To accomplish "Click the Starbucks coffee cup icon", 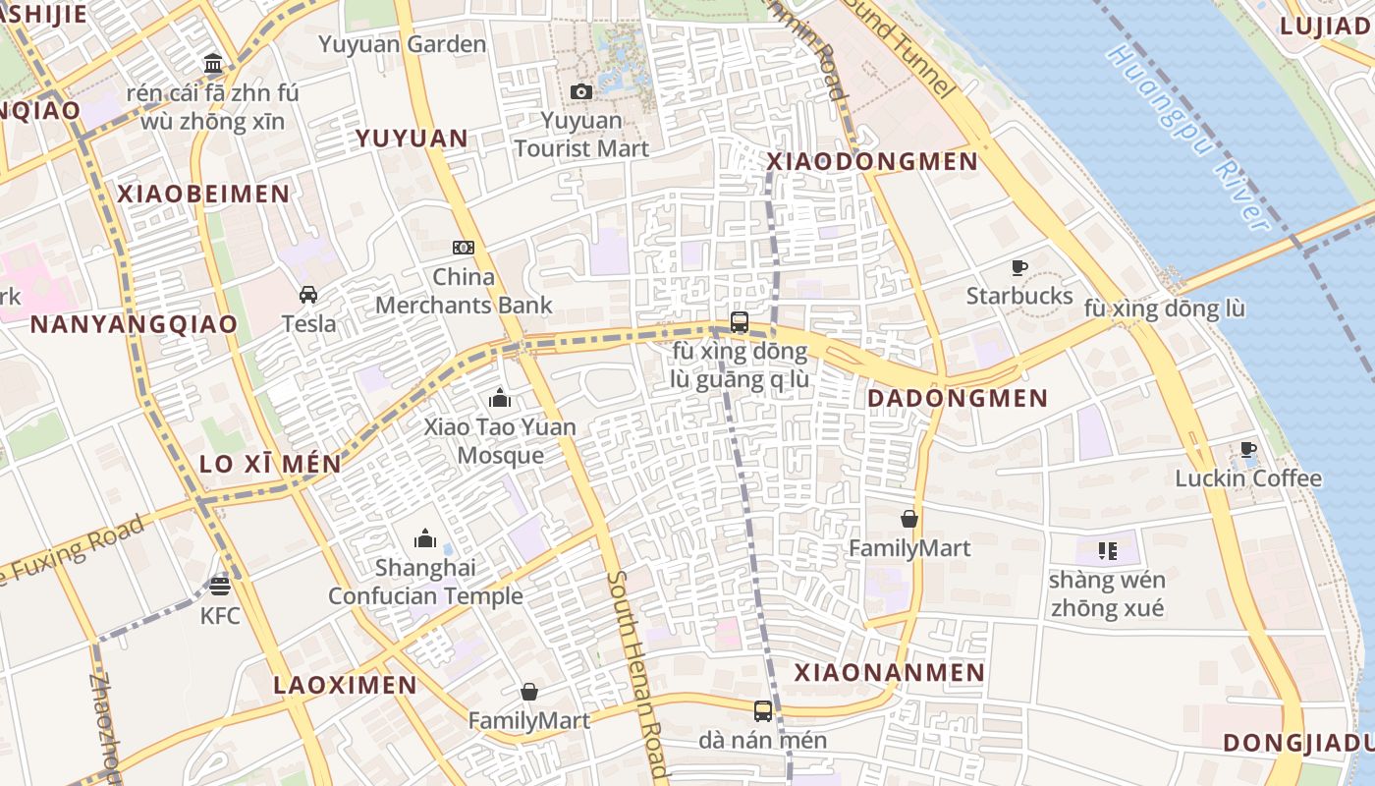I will [1019, 267].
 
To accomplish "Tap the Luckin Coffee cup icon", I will [1248, 450].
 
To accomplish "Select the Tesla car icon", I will [308, 295].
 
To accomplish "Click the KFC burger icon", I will [220, 587].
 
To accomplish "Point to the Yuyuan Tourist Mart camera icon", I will [581, 92].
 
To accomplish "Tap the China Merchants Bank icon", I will [464, 248].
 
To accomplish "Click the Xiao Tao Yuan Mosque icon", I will [500, 398].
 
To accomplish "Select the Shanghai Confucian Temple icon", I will [425, 538].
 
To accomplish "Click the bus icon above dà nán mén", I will [763, 710].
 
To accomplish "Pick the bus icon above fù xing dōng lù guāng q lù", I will [740, 321].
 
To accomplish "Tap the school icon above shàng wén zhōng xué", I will [1107, 551].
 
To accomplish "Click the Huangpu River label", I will [1187, 138].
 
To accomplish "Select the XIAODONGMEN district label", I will [872, 162].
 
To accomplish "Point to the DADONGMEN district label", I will [959, 399].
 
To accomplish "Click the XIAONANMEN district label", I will [889, 673].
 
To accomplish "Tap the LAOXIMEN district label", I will [345, 685].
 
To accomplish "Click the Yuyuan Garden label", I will [403, 44].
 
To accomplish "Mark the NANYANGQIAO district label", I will [135, 324].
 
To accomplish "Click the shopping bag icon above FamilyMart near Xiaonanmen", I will [909, 519].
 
